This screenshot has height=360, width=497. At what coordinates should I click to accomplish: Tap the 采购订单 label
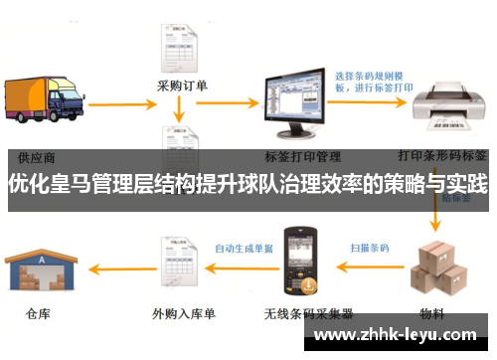pyautogui.click(x=183, y=86)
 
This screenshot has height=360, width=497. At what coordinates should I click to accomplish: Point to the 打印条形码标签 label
pyautogui.click(x=441, y=156)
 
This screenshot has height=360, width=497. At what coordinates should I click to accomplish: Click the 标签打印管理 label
pyautogui.click(x=303, y=156)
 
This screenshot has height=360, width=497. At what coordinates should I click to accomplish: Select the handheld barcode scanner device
pyautogui.click(x=295, y=264)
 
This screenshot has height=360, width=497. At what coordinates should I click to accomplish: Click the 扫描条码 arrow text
pyautogui.click(x=369, y=247)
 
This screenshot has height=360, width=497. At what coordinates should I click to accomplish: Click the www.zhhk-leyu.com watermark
pyautogui.click(x=399, y=333)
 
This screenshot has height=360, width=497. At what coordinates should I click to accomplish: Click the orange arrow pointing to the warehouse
pyautogui.click(x=115, y=267)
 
